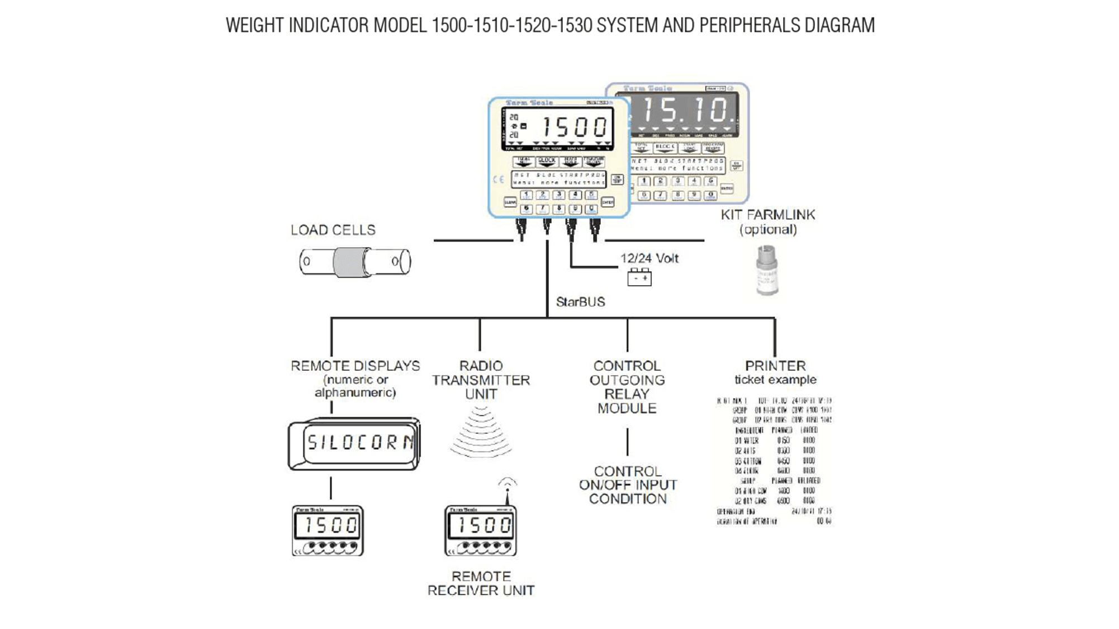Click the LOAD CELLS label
[333, 230]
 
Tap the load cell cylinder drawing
[355, 262]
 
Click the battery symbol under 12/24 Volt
[639, 277]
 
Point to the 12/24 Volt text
[649, 258]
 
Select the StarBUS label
[580, 302]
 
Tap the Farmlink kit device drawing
[767, 270]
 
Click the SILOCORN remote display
[354, 443]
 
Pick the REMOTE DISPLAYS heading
[355, 366]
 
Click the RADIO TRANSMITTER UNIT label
[481, 380]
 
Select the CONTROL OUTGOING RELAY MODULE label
[627, 387]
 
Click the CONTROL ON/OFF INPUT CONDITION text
[628, 485]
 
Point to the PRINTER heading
[775, 366]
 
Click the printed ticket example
[774, 461]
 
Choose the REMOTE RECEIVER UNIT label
[481, 583]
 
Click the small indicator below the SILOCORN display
[328, 531]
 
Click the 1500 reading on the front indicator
[574, 127]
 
